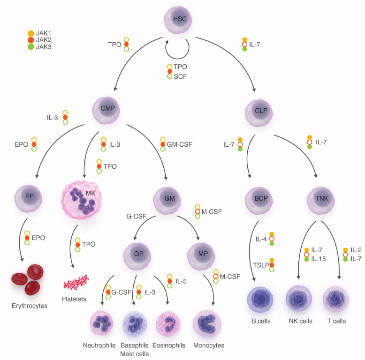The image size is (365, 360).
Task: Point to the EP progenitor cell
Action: [x=28, y=197]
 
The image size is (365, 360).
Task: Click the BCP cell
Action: [x=259, y=199]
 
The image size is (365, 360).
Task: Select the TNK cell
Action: [x=322, y=199]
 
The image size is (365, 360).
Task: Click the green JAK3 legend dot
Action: [x=31, y=47]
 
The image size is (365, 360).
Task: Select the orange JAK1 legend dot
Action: [x=31, y=33]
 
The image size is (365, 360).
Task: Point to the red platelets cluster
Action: [x=76, y=282]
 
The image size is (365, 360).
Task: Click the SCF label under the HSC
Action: [x=180, y=76]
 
